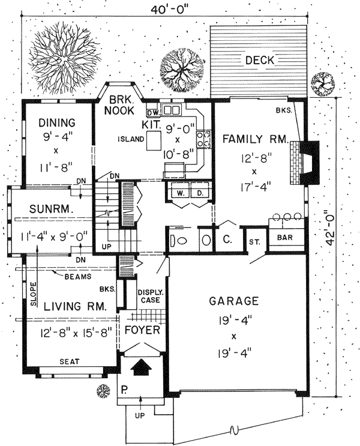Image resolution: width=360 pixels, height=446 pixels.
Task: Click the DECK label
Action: [259, 60]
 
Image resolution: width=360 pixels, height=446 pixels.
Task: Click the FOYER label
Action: [142, 331]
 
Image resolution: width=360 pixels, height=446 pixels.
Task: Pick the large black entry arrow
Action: [142, 366]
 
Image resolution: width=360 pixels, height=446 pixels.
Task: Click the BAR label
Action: [285, 238]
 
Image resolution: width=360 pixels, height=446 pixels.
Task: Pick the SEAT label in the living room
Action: [71, 362]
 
